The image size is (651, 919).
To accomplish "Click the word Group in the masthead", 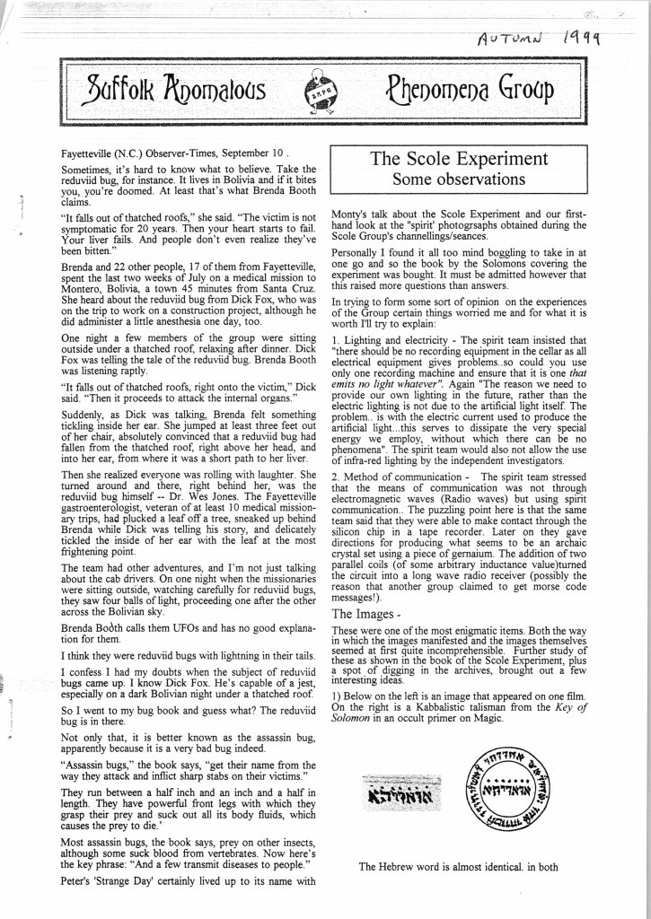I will tap(521, 89).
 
